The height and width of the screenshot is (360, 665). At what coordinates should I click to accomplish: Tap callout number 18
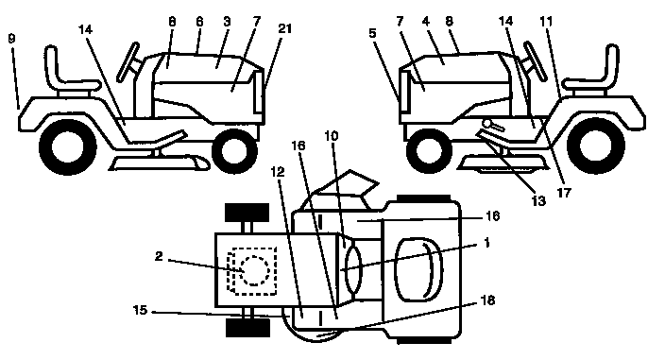(x=487, y=300)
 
